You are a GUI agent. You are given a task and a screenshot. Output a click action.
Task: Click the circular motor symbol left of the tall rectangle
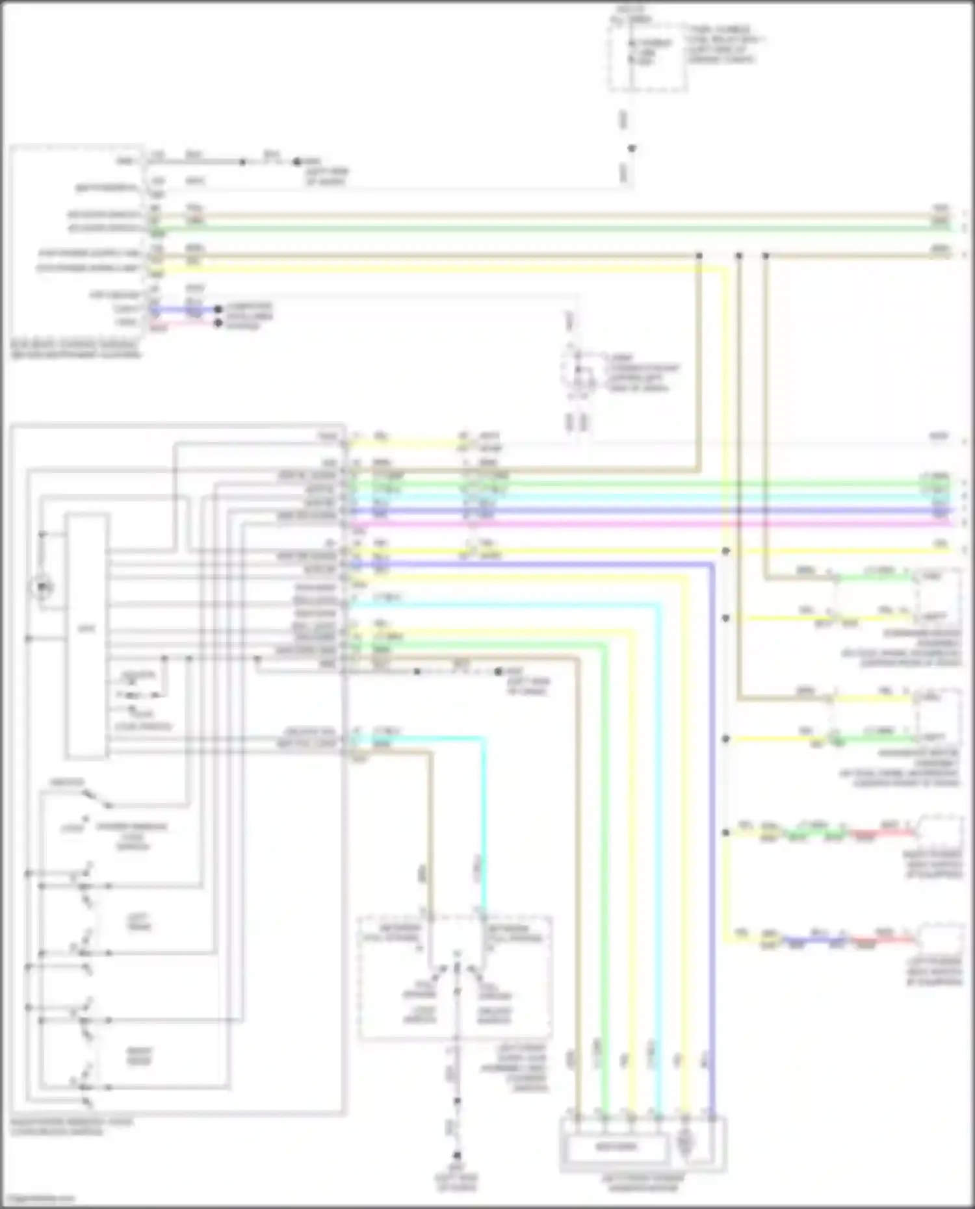click(x=41, y=588)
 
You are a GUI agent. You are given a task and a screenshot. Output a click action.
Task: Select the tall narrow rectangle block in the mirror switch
click(x=86, y=635)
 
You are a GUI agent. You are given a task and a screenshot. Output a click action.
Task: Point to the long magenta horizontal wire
click(x=650, y=524)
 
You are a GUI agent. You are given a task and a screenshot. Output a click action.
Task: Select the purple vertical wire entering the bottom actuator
click(x=712, y=845)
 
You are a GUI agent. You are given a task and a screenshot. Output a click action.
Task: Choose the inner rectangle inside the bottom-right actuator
click(x=616, y=1147)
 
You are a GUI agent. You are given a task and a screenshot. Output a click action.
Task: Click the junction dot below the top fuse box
click(x=630, y=148)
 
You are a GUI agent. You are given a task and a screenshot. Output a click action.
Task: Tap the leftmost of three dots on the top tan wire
click(x=699, y=256)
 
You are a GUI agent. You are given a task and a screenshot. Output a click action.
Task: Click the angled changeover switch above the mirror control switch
click(x=96, y=798)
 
